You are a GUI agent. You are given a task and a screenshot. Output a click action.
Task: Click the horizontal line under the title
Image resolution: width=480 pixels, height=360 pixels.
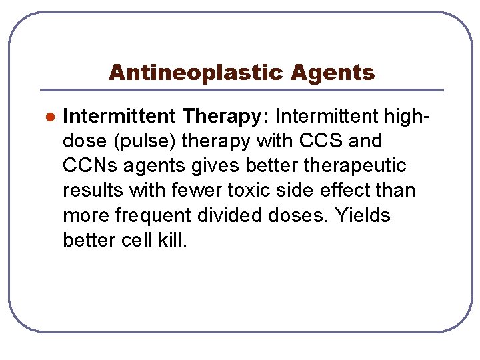pos(241,90)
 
